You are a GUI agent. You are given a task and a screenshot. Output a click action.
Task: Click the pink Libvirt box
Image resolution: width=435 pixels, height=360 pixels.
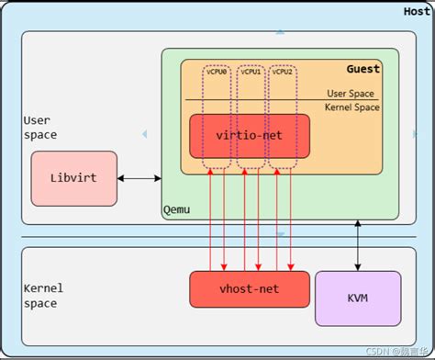pos(73,178)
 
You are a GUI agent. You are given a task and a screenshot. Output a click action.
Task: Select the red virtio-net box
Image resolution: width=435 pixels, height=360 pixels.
pos(249,136)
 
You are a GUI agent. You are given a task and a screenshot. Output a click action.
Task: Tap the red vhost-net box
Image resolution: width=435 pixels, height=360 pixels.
pos(249,289)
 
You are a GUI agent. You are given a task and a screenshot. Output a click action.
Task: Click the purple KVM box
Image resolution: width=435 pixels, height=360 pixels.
pos(357,298)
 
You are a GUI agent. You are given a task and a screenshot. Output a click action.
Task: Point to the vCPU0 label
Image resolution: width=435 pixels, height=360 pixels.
pos(217,72)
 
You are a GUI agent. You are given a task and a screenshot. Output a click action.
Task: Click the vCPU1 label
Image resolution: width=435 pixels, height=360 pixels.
pos(251,72)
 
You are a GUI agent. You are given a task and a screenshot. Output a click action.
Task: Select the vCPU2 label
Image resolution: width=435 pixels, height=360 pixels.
pos(282,72)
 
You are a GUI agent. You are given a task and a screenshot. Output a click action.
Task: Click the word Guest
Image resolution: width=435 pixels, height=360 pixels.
pos(362,69)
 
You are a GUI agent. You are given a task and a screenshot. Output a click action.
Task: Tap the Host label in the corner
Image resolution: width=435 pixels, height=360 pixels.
pos(417,11)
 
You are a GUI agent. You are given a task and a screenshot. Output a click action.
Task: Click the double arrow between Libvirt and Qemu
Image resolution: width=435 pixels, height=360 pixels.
pos(139,178)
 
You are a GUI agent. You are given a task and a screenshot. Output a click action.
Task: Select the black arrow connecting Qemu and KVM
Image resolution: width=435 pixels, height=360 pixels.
pos(358,245)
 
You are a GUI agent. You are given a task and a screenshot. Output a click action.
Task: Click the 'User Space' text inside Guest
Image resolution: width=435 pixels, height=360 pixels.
pos(351,94)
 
